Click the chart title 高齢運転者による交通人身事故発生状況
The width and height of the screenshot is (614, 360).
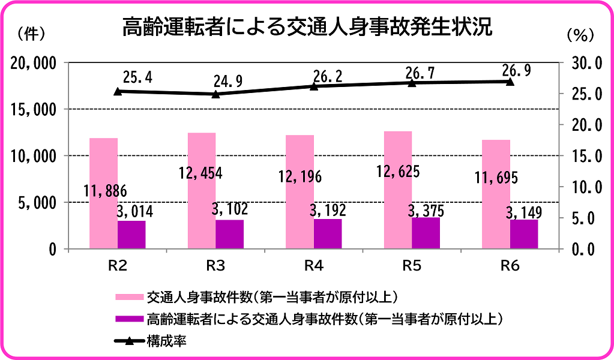coord(307,27)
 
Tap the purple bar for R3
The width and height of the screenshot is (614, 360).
coord(229,234)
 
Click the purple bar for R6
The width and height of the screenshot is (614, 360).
coord(524,234)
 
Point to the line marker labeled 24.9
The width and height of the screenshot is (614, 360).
coord(216,94)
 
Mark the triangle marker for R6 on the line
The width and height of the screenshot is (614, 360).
coord(510,81)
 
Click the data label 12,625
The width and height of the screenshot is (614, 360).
coord(398,172)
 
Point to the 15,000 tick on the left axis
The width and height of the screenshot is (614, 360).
coord(35,109)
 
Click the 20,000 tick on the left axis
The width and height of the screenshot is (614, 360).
coord(35,63)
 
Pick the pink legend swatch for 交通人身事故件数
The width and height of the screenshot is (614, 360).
coord(129,298)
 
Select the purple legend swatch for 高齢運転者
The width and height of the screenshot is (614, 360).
coord(129,319)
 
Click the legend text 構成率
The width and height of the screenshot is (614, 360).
coord(165,341)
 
